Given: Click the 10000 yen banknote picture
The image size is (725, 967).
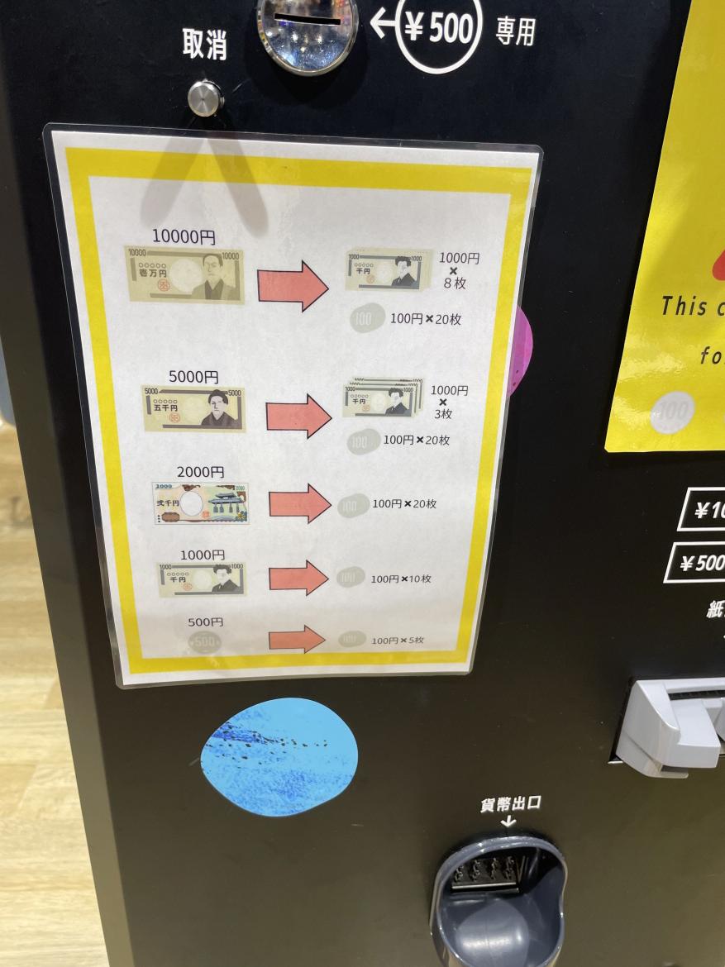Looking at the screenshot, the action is tap(184, 274).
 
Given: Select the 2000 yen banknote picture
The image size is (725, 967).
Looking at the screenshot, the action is tap(200, 503).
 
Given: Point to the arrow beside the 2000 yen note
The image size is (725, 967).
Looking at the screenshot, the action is tap(299, 503).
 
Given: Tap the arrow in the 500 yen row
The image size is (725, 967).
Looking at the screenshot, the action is tap(297, 639).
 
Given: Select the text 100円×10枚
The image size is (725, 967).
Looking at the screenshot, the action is tap(401, 579).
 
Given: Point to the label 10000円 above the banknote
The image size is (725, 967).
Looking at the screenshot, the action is tap(184, 237).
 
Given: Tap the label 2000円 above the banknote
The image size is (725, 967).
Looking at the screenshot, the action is tap(200, 472).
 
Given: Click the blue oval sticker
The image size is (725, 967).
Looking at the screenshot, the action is tap(279, 756).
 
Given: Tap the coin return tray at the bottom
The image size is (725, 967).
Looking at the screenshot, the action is tap(499, 901).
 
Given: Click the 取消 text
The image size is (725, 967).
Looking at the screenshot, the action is tap(204, 46).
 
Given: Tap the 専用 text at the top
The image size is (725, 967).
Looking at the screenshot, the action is tap(515, 32).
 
